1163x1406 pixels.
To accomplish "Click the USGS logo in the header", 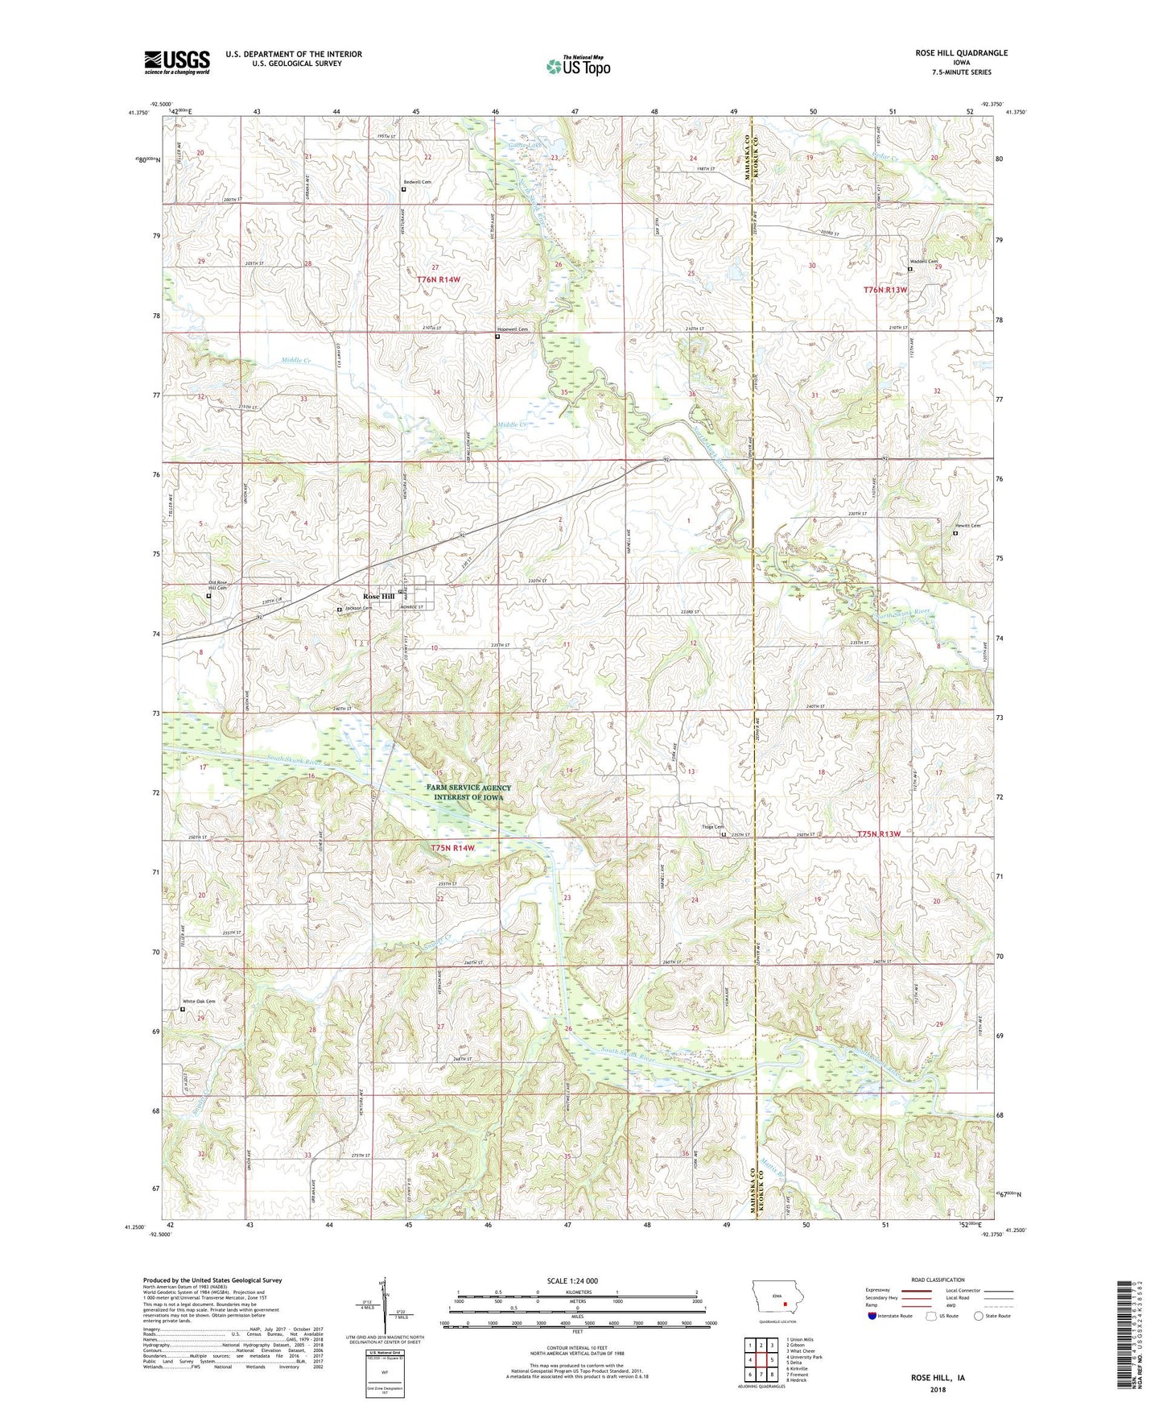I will click(177, 62).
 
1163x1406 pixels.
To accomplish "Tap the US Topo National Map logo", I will click(577, 65).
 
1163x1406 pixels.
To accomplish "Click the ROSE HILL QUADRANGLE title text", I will click(960, 53).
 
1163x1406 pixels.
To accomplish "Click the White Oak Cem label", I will click(199, 1002).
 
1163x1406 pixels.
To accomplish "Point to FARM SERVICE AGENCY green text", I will click(468, 788).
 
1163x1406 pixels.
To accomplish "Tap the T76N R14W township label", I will click(439, 279).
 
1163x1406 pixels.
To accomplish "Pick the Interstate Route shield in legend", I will click(873, 1316).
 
